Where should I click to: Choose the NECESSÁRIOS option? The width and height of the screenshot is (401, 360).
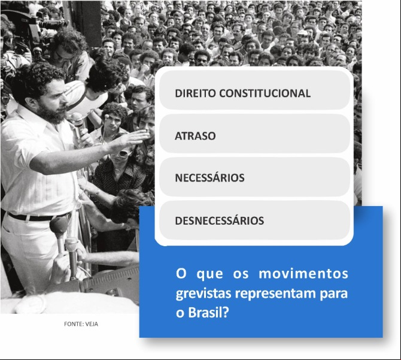[x=254, y=177]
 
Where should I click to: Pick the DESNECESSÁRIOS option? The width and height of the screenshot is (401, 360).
[x=254, y=220]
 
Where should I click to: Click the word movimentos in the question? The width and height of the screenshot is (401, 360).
[x=303, y=274]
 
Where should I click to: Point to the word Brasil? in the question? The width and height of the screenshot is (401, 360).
[x=208, y=312]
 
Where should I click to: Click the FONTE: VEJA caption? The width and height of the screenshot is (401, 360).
[x=81, y=324]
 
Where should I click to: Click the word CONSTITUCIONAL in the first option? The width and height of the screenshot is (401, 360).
[x=265, y=93]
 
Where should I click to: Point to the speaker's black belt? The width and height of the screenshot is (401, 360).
[x=38, y=217]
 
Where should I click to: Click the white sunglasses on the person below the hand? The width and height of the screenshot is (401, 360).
[x=122, y=153]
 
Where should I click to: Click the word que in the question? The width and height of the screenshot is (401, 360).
[x=209, y=274]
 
